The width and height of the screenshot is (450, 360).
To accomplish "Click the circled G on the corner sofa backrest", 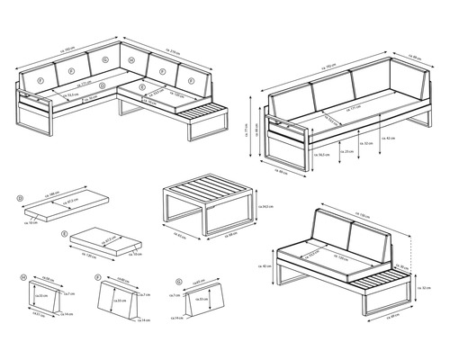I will (x=106, y=59).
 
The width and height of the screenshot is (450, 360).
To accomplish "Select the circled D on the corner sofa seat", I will (x=103, y=87).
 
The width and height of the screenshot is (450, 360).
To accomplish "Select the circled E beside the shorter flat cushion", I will (x=65, y=232).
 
